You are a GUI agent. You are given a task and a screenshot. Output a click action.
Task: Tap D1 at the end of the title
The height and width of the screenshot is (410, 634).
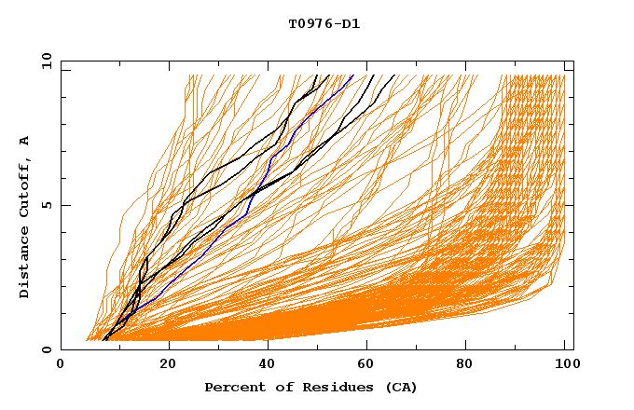[x=350, y=23]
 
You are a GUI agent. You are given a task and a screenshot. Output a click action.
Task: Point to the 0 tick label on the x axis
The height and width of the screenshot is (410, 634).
[x=61, y=364]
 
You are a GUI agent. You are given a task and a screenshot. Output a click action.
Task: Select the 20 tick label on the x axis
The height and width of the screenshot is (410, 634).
[x=168, y=364]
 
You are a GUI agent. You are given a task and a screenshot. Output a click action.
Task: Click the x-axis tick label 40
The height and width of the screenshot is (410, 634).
[x=270, y=364]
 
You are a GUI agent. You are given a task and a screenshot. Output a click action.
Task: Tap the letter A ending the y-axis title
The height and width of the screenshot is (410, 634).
[x=25, y=141]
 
